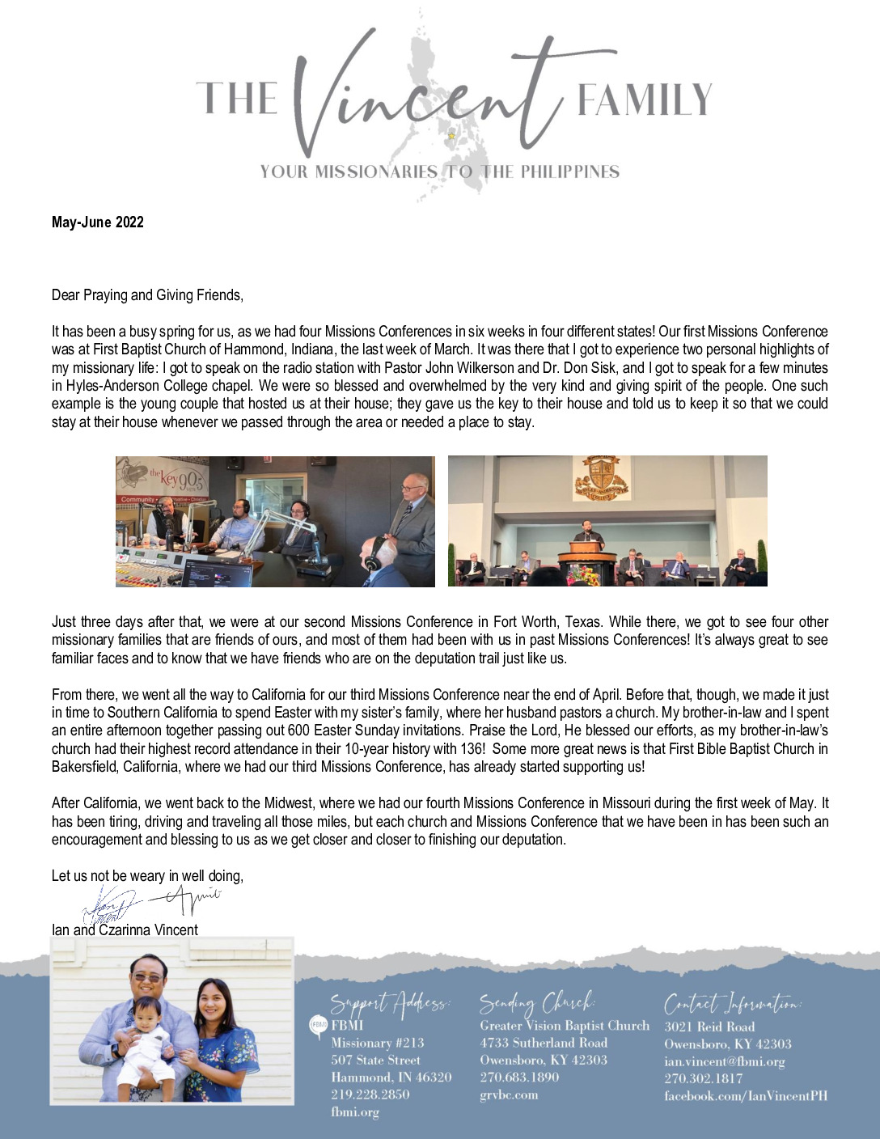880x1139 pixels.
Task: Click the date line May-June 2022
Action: point(98,222)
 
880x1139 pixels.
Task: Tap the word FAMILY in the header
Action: point(645,100)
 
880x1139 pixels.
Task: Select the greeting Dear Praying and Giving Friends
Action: point(147,295)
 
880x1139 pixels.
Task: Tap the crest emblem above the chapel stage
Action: point(601,477)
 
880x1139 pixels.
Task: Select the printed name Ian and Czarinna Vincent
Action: point(125,930)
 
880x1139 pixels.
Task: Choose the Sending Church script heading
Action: point(537,1003)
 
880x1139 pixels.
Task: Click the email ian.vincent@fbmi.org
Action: point(725,1061)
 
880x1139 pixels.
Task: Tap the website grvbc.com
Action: point(509,1095)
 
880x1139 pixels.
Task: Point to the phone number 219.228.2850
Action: point(370,1095)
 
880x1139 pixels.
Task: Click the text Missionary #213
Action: point(378,1044)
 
